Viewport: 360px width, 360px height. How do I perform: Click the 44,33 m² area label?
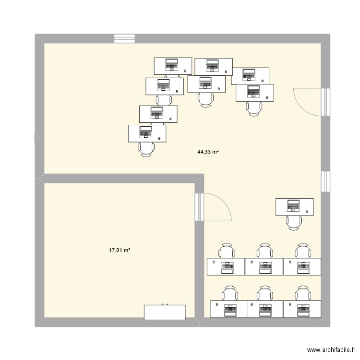[x=208, y=152]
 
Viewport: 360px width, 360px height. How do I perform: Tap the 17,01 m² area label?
[x=120, y=250]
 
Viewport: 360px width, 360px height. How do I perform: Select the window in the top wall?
[x=124, y=38]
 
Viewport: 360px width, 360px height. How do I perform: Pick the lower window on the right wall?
[x=326, y=181]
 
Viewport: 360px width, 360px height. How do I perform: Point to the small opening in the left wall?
[x=38, y=139]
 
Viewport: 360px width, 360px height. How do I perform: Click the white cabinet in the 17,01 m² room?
[x=165, y=312]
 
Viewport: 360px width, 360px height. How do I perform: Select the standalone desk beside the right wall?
[x=294, y=206]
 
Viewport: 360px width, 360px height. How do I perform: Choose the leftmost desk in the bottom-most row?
[x=228, y=309]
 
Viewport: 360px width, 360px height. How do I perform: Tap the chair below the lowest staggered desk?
[x=146, y=149]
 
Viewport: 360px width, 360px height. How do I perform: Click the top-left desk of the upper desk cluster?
[x=172, y=65]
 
